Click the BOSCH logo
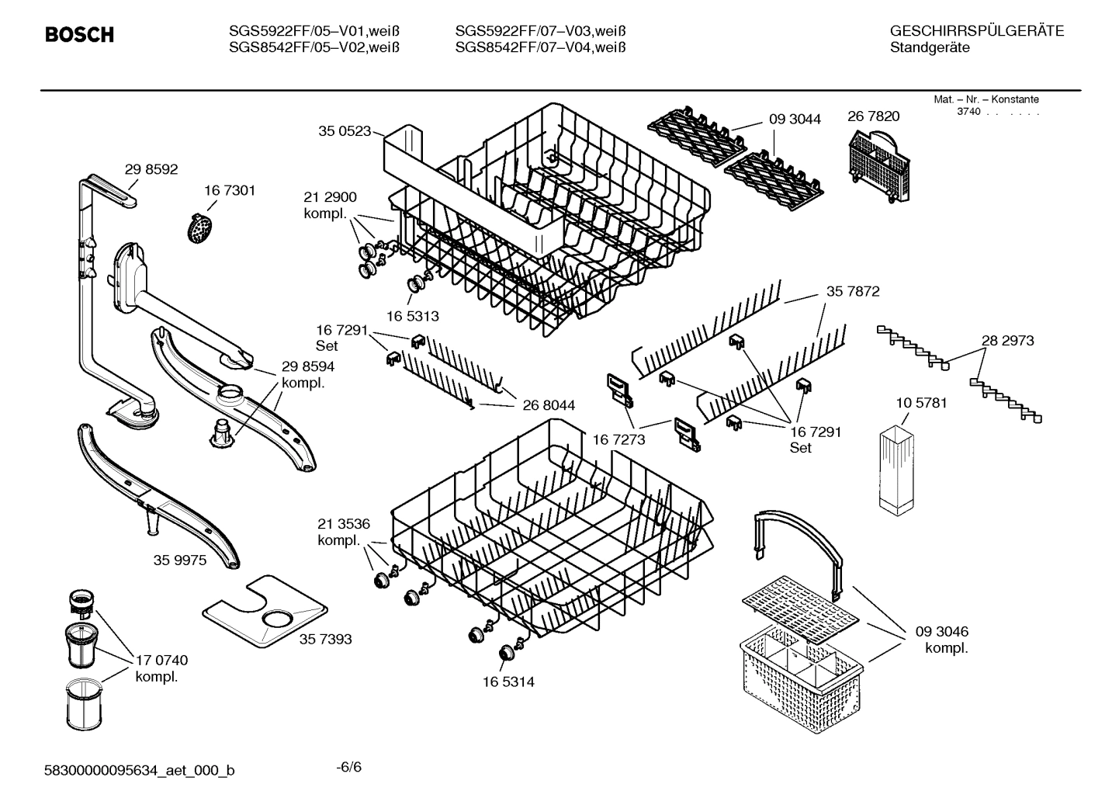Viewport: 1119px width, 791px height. (x=80, y=35)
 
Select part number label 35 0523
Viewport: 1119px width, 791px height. (x=345, y=131)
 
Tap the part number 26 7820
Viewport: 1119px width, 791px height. (x=874, y=116)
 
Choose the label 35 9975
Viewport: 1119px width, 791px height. (x=180, y=560)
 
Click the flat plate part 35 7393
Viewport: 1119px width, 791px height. (x=264, y=611)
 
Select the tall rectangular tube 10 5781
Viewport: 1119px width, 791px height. (x=896, y=469)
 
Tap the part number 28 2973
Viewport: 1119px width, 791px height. (x=1007, y=340)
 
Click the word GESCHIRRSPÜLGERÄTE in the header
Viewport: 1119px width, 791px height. (x=976, y=31)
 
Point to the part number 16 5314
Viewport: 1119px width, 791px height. (x=508, y=682)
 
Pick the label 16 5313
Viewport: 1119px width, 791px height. (x=413, y=316)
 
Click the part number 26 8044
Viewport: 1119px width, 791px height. (x=549, y=405)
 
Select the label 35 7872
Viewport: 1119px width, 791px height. (x=853, y=291)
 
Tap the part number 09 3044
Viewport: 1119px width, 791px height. (x=795, y=119)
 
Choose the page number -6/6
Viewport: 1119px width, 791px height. (x=349, y=768)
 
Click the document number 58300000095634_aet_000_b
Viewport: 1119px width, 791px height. (x=140, y=770)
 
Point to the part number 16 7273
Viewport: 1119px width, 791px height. (x=618, y=439)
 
